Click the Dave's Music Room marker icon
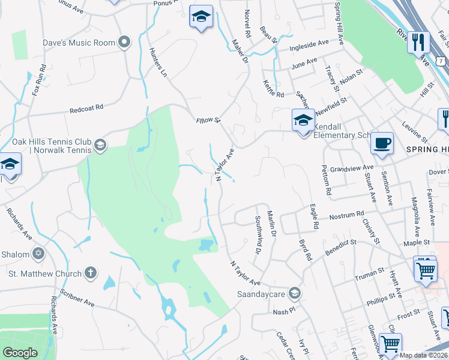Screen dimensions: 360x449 click(x=124, y=42)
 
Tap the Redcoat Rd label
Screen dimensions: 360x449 click(x=86, y=108)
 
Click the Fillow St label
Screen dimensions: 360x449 click(x=209, y=121)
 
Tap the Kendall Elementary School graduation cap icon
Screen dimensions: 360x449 click(x=303, y=120)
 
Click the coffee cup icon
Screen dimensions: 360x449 click(x=382, y=143)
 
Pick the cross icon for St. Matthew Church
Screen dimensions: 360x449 click(x=91, y=274)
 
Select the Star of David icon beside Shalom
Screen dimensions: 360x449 click(x=39, y=254)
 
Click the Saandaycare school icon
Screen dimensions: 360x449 click(x=294, y=292)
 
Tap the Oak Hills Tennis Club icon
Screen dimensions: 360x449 click(x=100, y=145)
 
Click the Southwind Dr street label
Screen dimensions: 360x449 click(x=258, y=235)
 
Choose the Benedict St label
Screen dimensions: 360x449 click(x=340, y=247)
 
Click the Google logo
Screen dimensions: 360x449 click(x=20, y=353)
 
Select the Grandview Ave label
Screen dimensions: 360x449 click(x=356, y=169)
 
